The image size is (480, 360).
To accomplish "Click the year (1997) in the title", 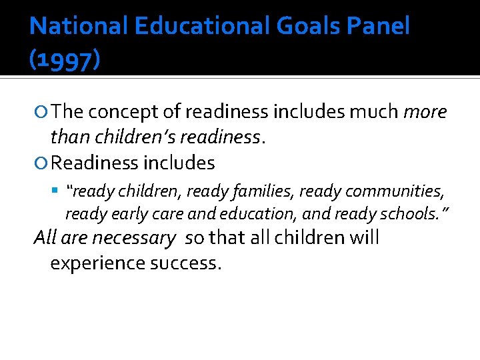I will click(65, 61).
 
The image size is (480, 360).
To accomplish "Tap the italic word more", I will click(425, 111).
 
